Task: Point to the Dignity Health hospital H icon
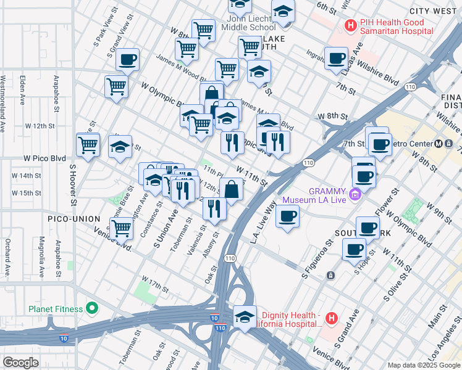coord(332,319)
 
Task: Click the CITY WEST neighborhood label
coord(435,11)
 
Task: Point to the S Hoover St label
coord(72,184)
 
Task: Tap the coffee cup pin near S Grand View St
coord(127,60)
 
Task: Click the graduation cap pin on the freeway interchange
coord(245,317)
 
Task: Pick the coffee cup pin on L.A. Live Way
coord(287,216)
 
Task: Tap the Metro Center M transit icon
coord(438,144)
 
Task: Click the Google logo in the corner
coord(20,363)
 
